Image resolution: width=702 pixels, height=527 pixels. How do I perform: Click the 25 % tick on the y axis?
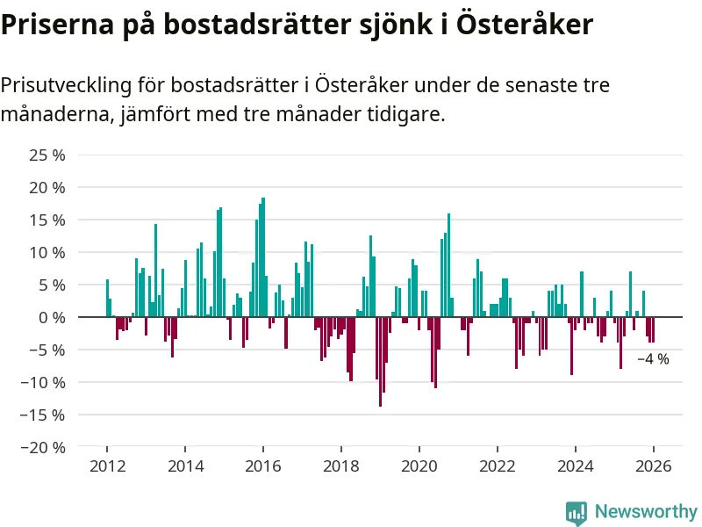48,155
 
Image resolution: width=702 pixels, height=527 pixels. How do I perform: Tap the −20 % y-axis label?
45,447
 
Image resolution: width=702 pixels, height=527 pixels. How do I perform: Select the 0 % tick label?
53,317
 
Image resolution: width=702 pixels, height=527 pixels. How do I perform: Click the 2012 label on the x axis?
106,467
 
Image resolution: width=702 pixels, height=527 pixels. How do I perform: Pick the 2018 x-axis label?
340,467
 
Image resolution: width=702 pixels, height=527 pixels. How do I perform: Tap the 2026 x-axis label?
654,467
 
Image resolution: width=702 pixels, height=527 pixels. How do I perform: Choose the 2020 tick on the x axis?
419,467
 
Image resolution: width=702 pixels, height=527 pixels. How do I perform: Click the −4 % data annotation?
653,359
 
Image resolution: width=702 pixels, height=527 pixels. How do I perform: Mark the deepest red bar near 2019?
380,361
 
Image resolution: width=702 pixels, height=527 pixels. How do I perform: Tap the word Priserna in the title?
52,25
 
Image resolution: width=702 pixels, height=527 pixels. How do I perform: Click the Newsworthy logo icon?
577,511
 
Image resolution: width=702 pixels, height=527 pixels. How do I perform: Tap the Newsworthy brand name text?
646,511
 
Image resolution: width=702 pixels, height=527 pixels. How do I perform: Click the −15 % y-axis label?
45,415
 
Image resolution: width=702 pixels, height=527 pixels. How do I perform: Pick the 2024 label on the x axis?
576,467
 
